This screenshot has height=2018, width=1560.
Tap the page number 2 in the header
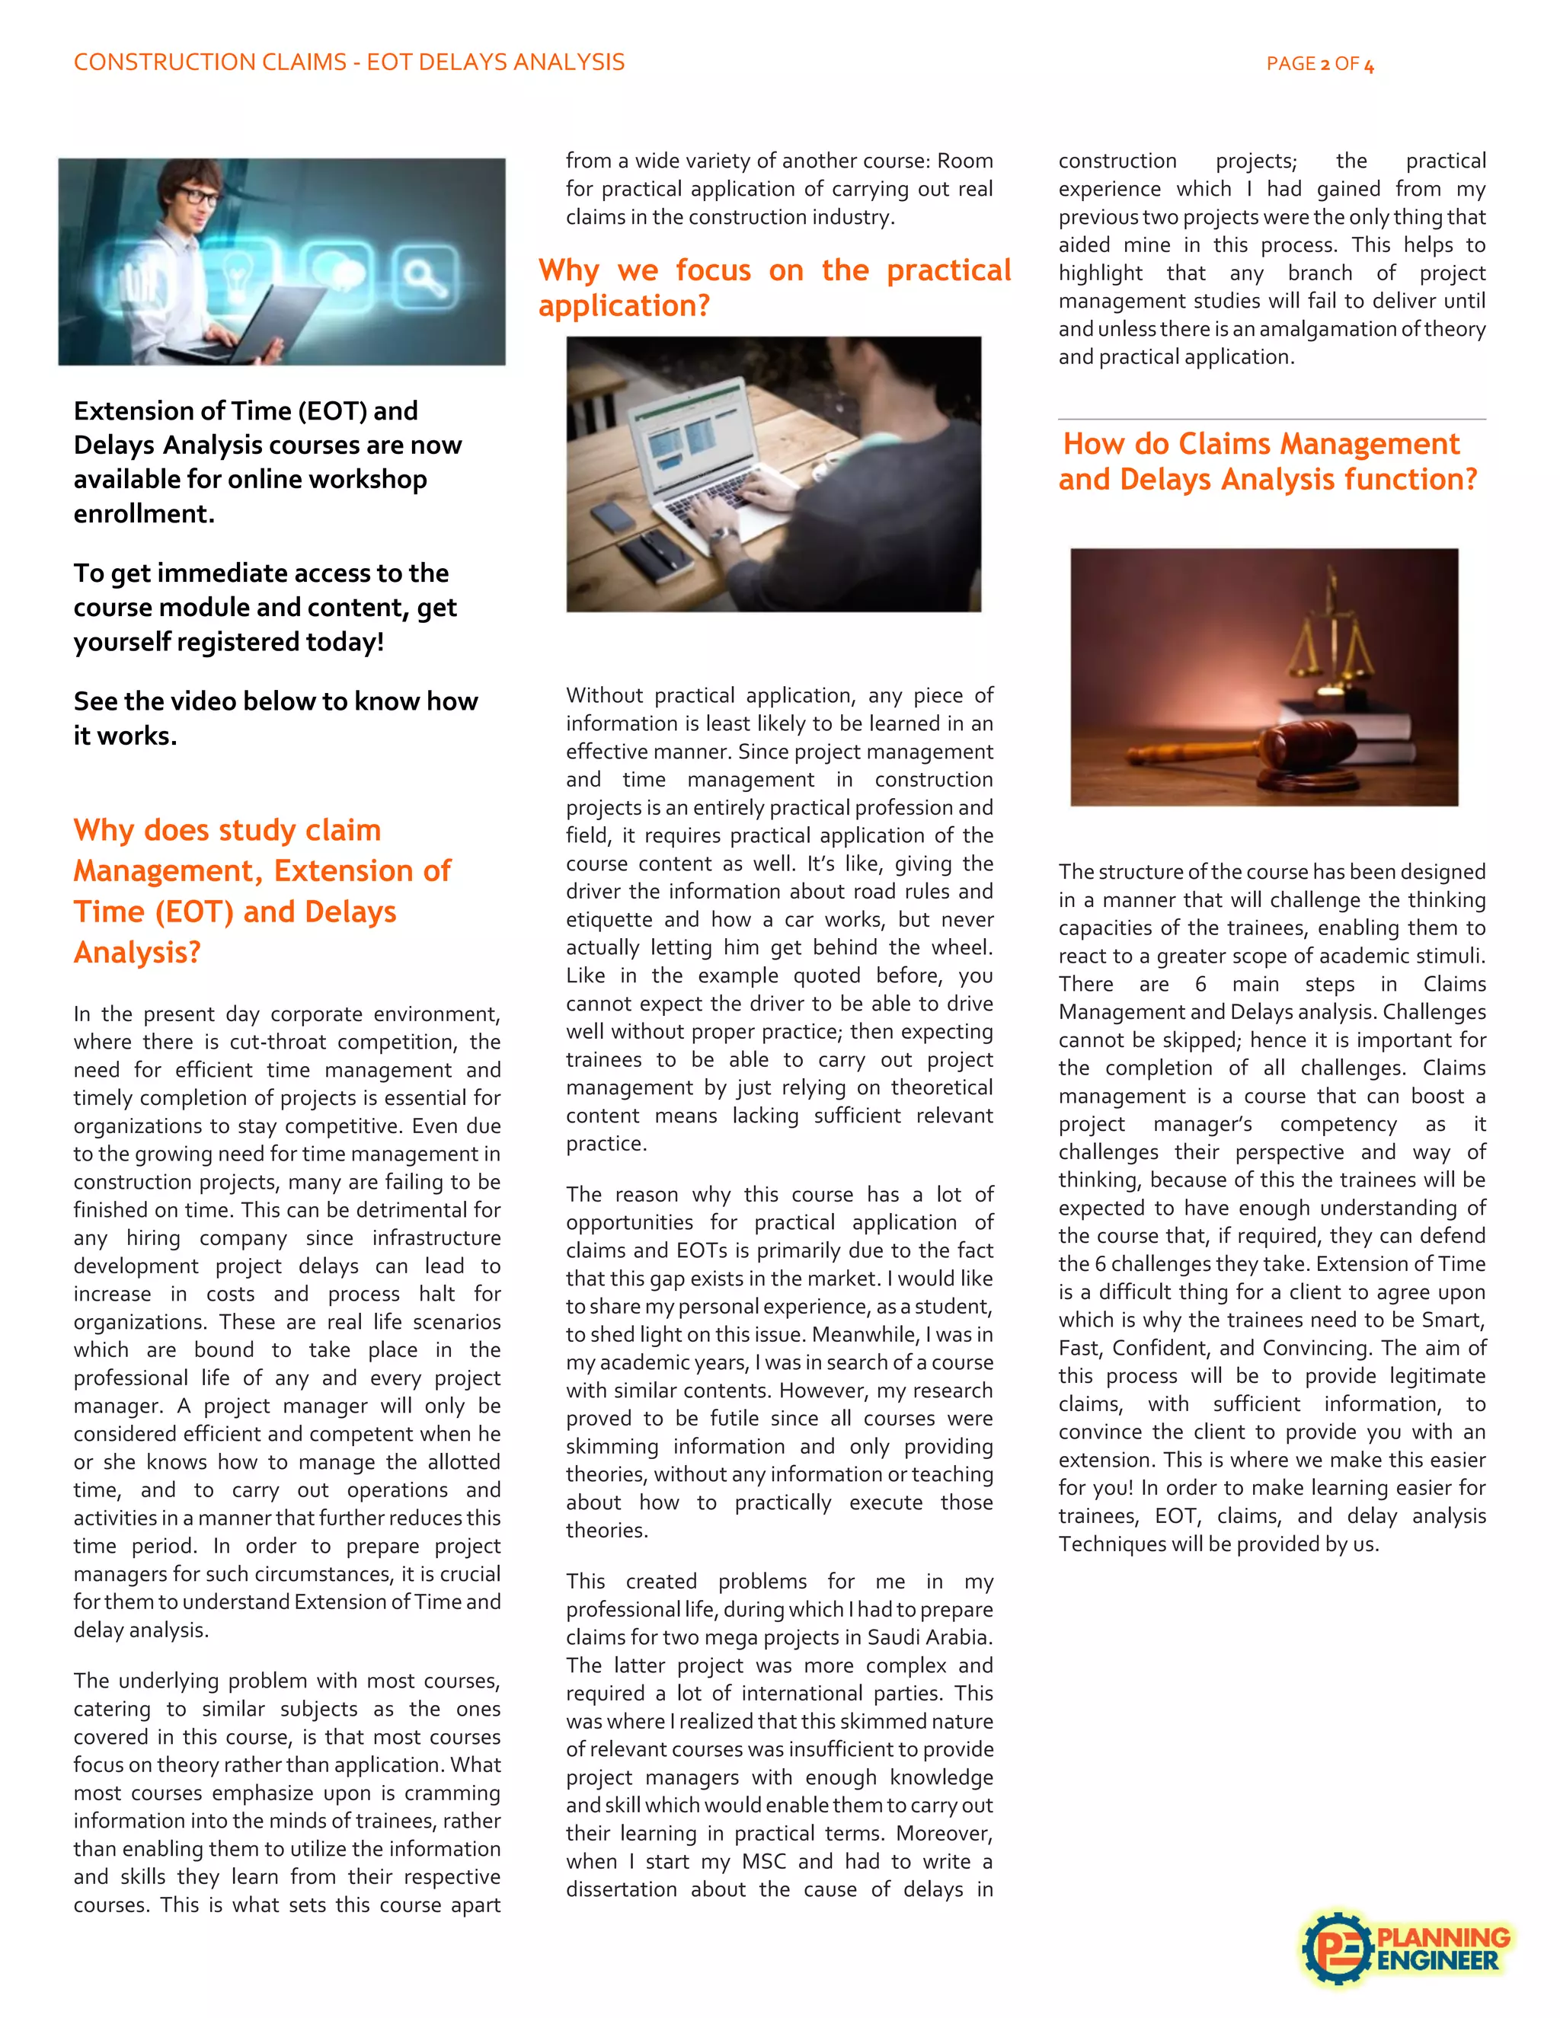pyautogui.click(x=1325, y=65)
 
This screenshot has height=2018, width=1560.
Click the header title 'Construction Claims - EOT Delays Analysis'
pyautogui.click(x=350, y=62)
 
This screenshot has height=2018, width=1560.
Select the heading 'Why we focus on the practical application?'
pyautogui.click(x=775, y=287)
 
